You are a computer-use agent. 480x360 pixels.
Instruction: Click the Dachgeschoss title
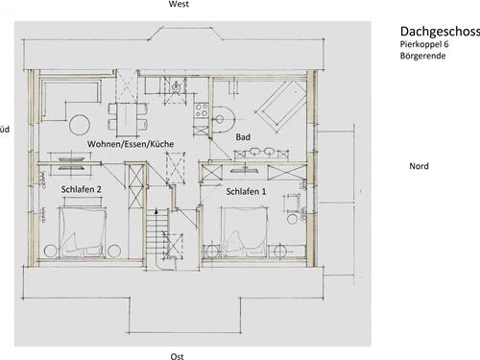[440, 32]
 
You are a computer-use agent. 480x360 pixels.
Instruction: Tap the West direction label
[179, 4]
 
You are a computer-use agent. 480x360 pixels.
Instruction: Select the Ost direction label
[177, 356]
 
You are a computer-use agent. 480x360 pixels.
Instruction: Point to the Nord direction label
[419, 166]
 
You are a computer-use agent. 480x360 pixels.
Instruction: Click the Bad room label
[243, 137]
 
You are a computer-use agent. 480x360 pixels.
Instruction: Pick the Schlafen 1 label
[246, 192]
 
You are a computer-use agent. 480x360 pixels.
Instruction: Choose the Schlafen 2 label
[82, 189]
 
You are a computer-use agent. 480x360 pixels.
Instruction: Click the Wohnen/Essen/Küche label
[131, 144]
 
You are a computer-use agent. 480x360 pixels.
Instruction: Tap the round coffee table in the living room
[80, 125]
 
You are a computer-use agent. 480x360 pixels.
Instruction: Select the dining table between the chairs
[128, 119]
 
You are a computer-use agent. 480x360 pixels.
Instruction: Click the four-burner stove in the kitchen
[202, 110]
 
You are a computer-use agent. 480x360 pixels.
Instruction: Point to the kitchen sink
[176, 86]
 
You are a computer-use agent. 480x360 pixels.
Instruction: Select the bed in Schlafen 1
[245, 231]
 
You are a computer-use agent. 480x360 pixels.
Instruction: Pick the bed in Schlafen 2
[83, 231]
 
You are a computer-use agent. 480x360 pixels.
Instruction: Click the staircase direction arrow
[156, 212]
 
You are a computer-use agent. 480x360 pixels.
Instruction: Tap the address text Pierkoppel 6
[424, 44]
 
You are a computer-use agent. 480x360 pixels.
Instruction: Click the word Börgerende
[422, 56]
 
